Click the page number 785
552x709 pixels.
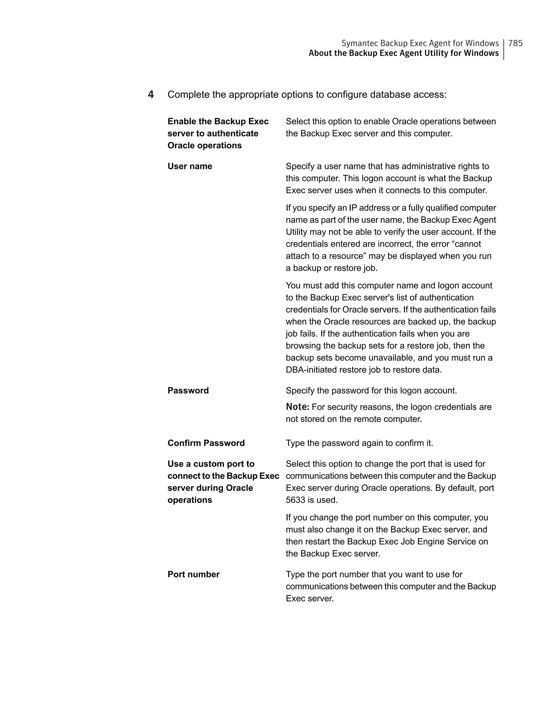click(515, 43)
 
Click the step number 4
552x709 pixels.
click(151, 95)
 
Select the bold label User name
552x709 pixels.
click(190, 166)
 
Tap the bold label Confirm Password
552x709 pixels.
click(206, 443)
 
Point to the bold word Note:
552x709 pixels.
click(297, 407)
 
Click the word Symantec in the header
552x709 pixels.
click(359, 43)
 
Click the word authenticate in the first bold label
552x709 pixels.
click(232, 133)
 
